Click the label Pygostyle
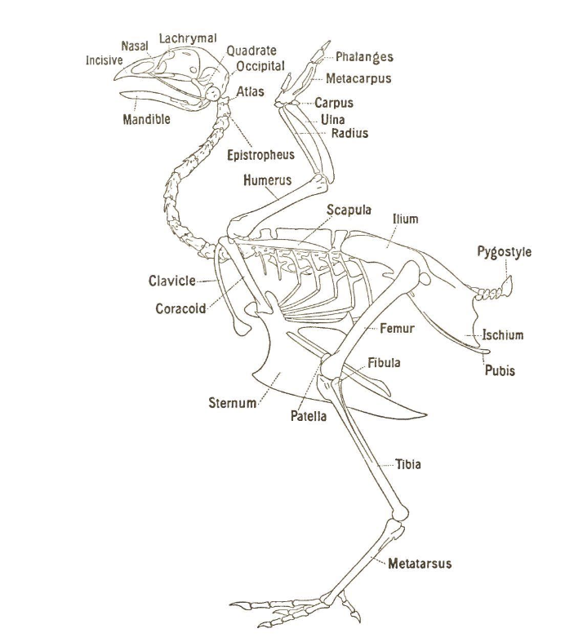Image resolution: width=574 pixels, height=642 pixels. (504, 251)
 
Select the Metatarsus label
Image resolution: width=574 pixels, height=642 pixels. (420, 564)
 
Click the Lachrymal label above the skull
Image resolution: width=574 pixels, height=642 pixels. (188, 38)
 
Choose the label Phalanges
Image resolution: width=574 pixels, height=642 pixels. (364, 57)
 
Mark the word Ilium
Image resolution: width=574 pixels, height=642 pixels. (405, 219)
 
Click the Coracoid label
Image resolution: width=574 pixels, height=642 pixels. (180, 309)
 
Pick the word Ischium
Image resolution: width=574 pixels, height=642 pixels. (502, 334)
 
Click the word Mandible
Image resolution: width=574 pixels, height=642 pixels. (146, 120)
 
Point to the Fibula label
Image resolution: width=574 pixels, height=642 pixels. (384, 363)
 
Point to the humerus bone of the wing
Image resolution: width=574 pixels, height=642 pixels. (278, 201)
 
